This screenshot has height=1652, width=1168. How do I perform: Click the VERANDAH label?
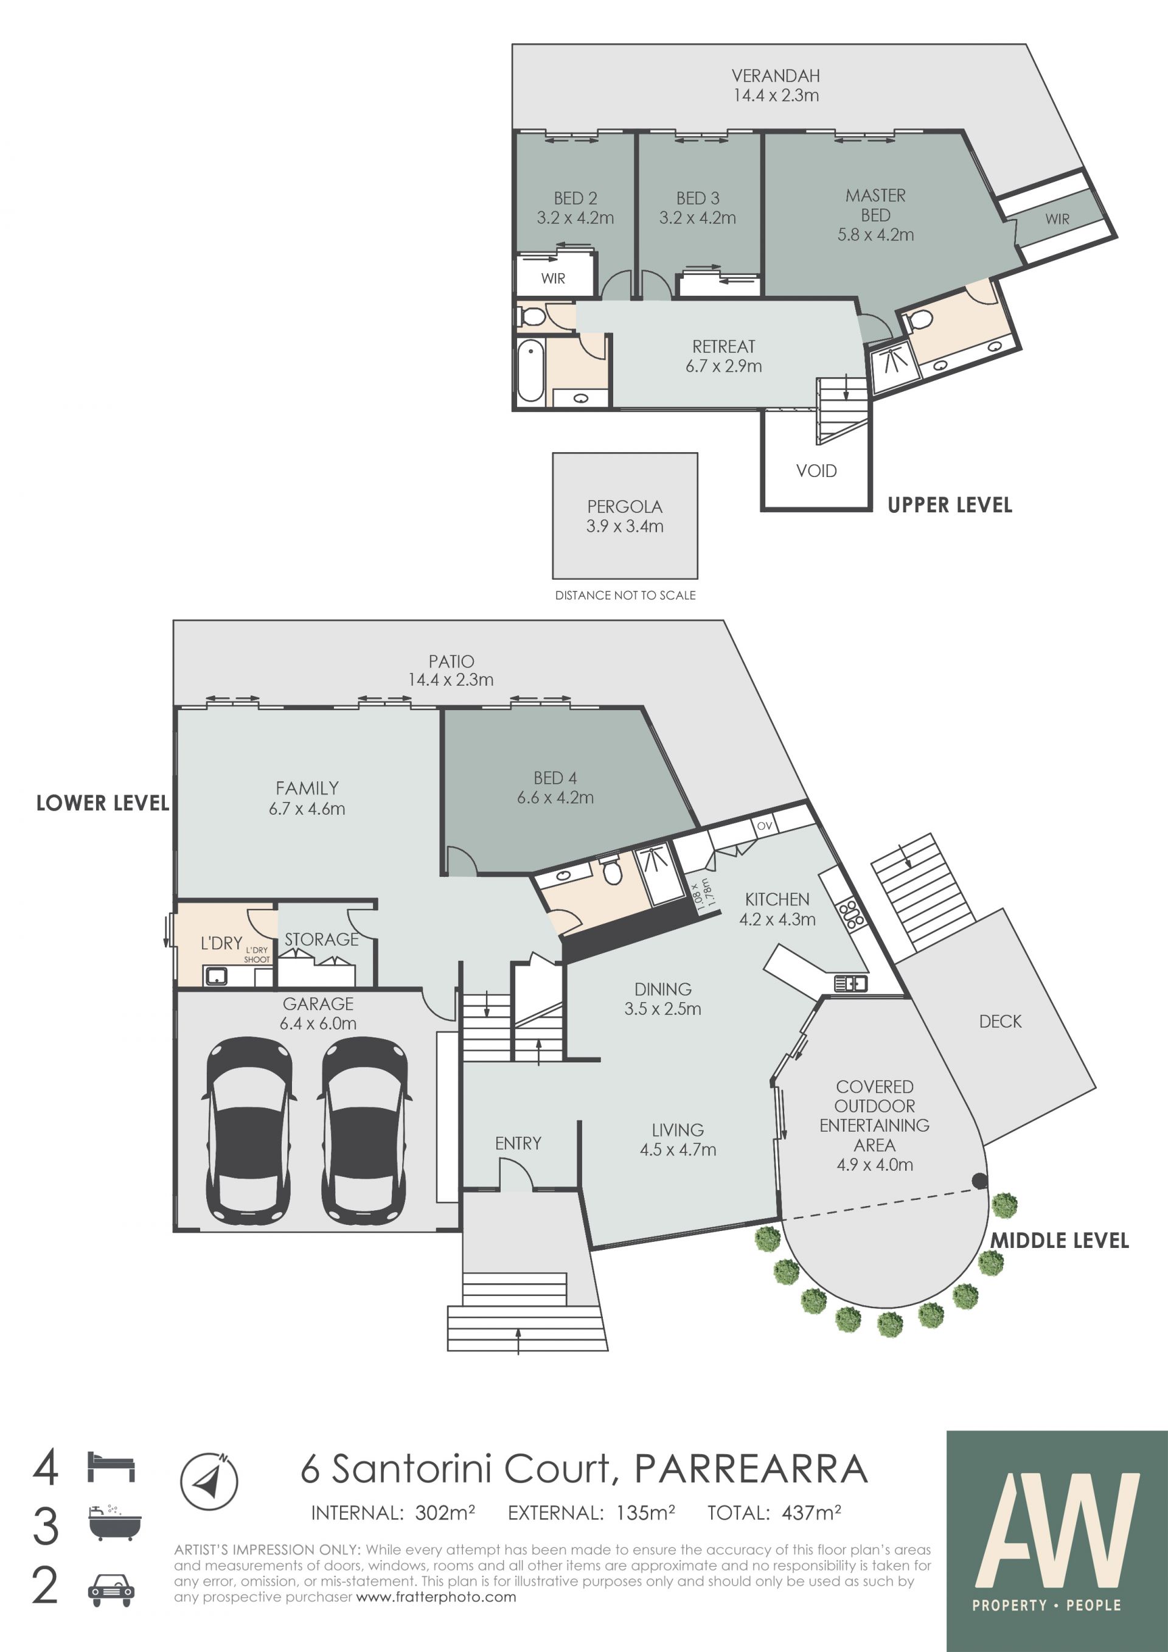775,75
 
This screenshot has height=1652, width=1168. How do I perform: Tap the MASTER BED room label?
875,205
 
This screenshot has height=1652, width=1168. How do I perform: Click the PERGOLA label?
624,506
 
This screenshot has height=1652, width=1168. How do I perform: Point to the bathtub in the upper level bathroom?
531,370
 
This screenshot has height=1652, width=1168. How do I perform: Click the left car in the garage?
249,1130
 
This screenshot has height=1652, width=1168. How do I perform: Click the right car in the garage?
364,1130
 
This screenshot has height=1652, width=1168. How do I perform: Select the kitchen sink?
851,983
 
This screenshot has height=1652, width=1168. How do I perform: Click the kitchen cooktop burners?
851,914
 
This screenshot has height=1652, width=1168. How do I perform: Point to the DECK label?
999,1021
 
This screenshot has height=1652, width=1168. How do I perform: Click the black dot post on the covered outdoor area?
979,1180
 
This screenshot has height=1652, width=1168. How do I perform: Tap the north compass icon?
209,1480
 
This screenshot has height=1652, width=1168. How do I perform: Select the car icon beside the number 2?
111,1591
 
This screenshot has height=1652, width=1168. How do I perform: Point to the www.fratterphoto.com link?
436,1597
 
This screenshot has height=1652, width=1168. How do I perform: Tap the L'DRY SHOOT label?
257,955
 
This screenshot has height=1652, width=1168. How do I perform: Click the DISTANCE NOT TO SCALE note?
625,595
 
